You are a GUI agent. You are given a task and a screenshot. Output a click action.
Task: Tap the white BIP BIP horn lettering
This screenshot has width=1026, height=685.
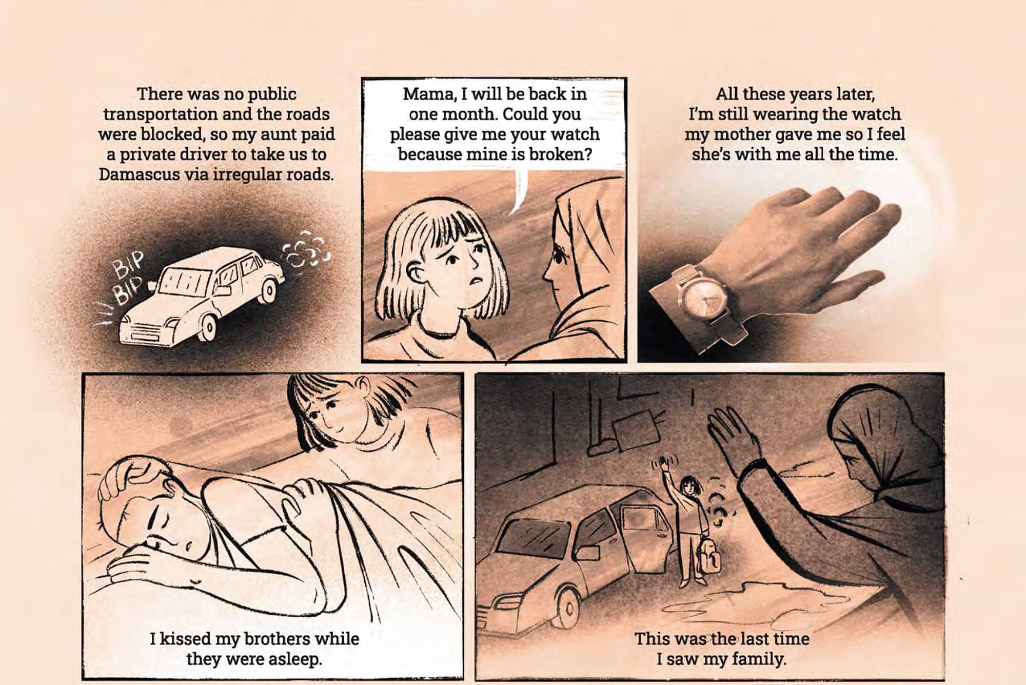tap(127, 278)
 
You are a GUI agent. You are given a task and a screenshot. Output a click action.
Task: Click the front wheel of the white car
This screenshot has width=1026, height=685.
tap(207, 327)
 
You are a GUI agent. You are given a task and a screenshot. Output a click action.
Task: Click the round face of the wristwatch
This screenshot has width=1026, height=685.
tap(703, 299)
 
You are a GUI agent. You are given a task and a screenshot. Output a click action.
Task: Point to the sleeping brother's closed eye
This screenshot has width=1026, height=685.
tap(154, 521)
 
